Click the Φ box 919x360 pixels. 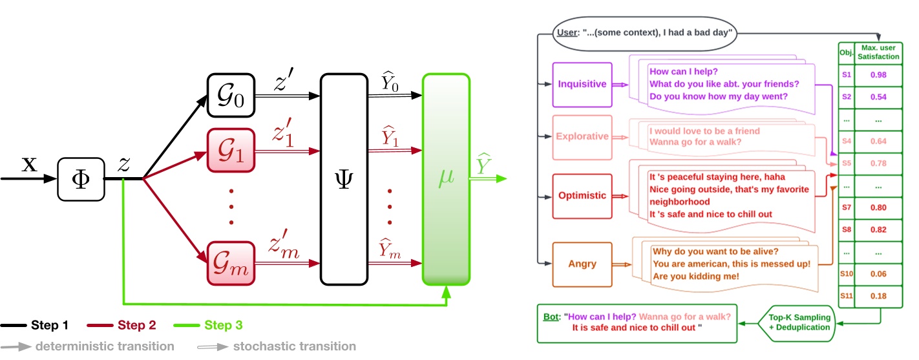(x=81, y=178)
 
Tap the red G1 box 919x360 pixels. (x=230, y=151)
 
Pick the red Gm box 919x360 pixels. (x=230, y=263)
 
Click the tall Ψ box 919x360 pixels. (x=343, y=179)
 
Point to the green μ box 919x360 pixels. (x=446, y=179)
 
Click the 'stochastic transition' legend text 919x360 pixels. (x=294, y=346)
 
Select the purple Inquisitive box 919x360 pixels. (x=582, y=84)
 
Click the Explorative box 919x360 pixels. (x=582, y=136)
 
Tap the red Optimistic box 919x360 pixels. (x=582, y=195)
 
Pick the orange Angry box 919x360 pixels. (x=582, y=264)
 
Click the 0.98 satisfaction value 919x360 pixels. (x=877, y=74)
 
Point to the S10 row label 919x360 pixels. (x=846, y=274)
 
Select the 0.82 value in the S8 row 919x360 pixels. (x=877, y=229)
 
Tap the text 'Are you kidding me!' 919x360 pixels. (x=695, y=276)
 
